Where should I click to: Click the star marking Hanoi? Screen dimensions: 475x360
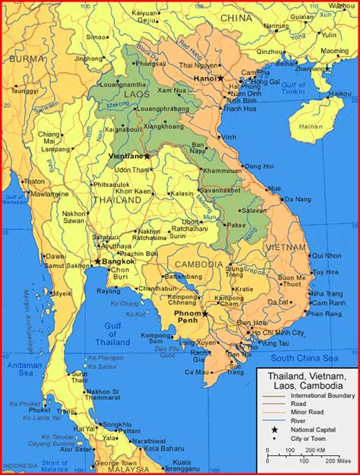[221, 78]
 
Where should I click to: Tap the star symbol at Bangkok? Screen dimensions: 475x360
[97, 262]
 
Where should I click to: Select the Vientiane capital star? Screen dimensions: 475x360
[147, 156]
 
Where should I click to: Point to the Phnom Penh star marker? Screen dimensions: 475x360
[205, 313]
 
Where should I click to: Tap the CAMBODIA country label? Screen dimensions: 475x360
[199, 264]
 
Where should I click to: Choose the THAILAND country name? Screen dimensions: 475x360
[116, 200]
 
